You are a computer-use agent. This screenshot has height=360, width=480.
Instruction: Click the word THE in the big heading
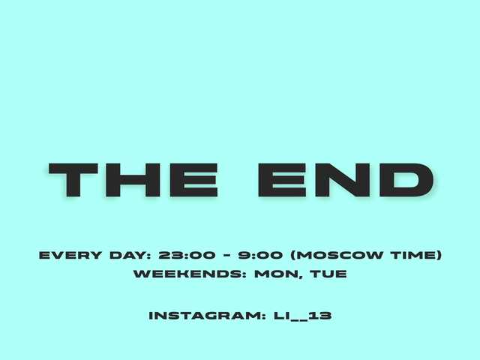click(x=133, y=180)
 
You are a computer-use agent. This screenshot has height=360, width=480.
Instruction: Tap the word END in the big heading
click(x=346, y=180)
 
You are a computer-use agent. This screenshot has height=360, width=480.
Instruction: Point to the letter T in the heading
click(x=73, y=180)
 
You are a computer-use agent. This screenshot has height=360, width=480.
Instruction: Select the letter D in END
click(x=404, y=180)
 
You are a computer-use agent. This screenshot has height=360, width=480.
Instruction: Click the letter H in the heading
click(x=133, y=180)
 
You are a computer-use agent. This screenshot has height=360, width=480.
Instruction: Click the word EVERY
click(x=70, y=255)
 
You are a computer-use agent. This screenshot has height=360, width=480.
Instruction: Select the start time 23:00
click(x=187, y=255)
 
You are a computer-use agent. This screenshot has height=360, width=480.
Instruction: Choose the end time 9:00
click(x=259, y=255)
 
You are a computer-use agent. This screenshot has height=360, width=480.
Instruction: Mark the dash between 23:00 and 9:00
click(x=226, y=255)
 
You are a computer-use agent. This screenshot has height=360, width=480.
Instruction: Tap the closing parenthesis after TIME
click(x=439, y=255)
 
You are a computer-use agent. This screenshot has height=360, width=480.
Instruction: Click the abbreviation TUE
click(x=328, y=274)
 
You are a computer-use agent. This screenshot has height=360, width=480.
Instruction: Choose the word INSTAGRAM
click(x=207, y=316)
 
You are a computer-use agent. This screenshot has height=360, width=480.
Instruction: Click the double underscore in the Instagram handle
click(x=298, y=319)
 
